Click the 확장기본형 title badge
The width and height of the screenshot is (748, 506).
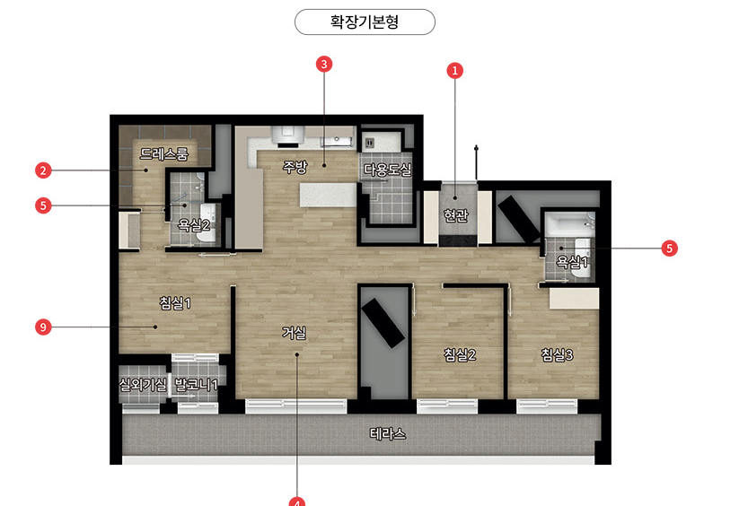(x=365, y=22)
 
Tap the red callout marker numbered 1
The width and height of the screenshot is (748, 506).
(x=454, y=71)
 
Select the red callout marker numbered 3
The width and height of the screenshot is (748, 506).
(x=324, y=64)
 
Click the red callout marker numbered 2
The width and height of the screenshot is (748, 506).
(x=43, y=170)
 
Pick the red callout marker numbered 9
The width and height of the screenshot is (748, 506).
(x=43, y=327)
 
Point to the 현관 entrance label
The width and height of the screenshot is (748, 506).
(x=455, y=216)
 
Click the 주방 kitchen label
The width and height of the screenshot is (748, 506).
(x=295, y=167)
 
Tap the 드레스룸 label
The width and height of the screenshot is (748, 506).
(x=163, y=153)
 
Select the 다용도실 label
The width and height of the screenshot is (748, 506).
(x=387, y=170)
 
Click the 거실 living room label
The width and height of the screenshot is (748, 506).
(x=294, y=332)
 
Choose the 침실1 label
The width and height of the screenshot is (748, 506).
(x=175, y=302)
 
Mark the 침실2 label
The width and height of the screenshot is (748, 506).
(x=460, y=354)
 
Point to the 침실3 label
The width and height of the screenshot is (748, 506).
(x=557, y=354)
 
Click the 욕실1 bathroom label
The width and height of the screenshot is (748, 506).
(x=573, y=262)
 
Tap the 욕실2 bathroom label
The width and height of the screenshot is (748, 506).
(x=194, y=224)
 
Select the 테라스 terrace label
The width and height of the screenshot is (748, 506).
(x=388, y=433)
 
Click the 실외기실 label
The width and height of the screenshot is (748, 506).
(x=143, y=384)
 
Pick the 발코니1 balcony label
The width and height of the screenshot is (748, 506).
(x=196, y=384)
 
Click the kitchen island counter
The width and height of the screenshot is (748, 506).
(x=329, y=195)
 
